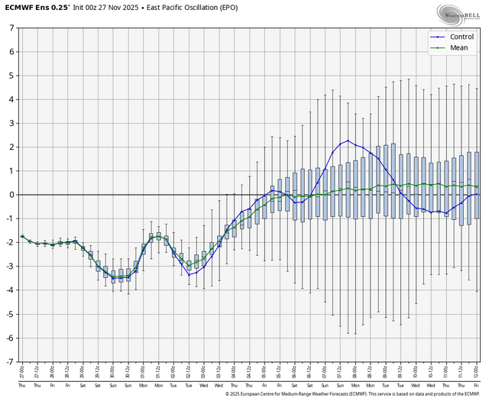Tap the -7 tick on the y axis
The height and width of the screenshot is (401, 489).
[x=11, y=362]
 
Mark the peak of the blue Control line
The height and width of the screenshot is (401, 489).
[x=348, y=141]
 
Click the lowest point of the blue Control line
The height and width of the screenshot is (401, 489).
[x=113, y=277]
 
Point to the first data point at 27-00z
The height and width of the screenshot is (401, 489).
[x=22, y=237]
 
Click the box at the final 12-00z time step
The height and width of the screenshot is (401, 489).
[x=478, y=185]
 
